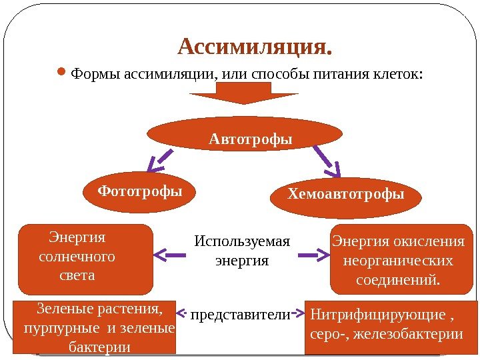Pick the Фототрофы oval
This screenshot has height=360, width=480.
coord(140,192)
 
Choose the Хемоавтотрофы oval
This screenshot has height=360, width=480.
coord(346,195)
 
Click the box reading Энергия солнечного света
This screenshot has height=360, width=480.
coord(85,259)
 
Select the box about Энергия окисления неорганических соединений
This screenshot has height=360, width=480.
coord(399,259)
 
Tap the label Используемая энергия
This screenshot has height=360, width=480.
coord(242,251)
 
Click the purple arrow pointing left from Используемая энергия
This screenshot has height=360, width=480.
coord(169,254)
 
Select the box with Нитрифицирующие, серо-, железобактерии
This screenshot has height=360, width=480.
coord(385,323)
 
